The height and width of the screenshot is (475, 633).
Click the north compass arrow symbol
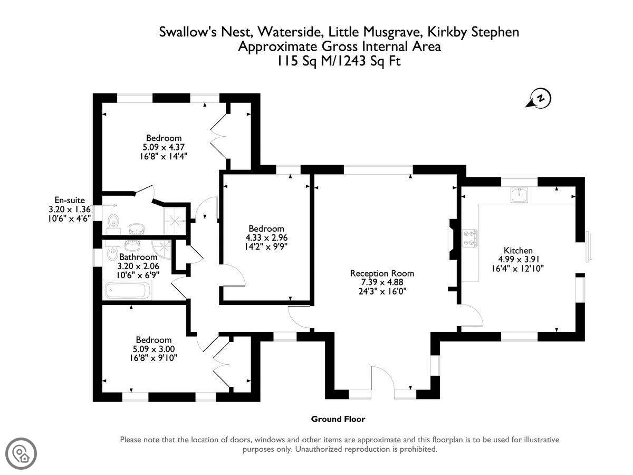tap(538, 98)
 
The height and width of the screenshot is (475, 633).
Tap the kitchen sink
tap(519, 195)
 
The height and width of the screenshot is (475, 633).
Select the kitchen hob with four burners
tap(470, 238)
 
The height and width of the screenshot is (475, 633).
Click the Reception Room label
tap(382, 273)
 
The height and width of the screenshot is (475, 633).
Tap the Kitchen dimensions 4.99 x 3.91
tap(518, 259)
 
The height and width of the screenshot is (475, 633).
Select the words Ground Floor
tap(338, 419)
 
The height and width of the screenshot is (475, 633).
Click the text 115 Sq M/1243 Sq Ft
tap(339, 61)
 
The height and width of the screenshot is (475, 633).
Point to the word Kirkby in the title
tap(447, 32)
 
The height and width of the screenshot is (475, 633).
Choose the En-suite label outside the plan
tap(70, 200)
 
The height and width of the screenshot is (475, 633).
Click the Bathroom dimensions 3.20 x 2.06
tap(138, 265)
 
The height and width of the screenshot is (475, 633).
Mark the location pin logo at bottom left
tap(21, 454)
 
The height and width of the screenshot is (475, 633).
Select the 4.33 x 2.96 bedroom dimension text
tap(266, 237)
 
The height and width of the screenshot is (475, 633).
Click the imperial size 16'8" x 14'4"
tap(164, 157)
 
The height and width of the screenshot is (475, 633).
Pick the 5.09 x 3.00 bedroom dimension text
tap(154, 349)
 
